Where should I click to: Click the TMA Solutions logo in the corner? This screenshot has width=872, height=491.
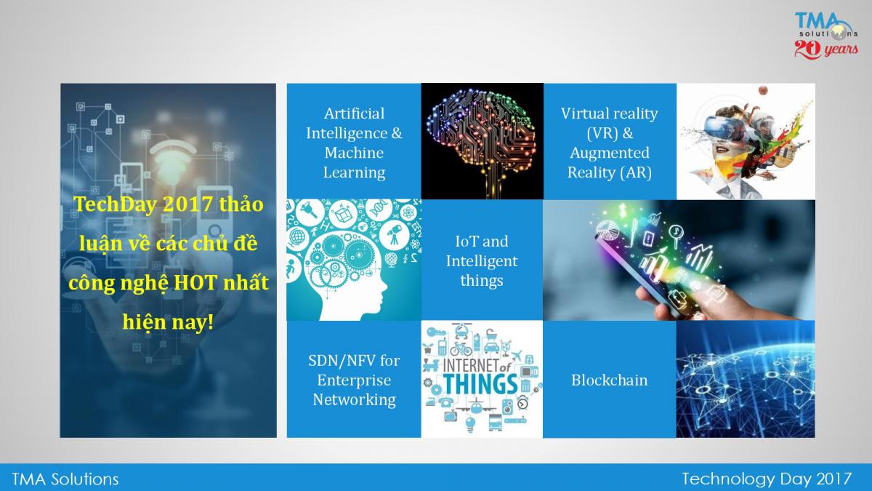tap(825, 35)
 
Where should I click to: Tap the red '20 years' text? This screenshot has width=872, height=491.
tap(826, 50)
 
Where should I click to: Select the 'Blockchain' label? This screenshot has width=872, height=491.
tap(609, 380)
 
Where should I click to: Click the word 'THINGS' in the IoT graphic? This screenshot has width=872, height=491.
tap(481, 384)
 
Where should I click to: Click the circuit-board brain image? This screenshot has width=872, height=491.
tap(482, 141)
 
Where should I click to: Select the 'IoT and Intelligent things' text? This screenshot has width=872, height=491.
tap(482, 260)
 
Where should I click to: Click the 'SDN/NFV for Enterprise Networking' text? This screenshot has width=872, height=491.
tap(354, 380)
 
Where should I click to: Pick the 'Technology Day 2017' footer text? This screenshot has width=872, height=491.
tap(767, 479)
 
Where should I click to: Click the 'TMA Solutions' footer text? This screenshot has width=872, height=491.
tap(65, 479)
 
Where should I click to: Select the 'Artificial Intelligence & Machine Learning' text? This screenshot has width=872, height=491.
tap(354, 143)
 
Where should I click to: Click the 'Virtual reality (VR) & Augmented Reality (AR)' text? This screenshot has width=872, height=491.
tap(609, 143)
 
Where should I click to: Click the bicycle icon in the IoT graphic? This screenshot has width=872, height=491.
tap(461, 348)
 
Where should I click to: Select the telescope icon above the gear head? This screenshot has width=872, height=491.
tap(394, 233)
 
